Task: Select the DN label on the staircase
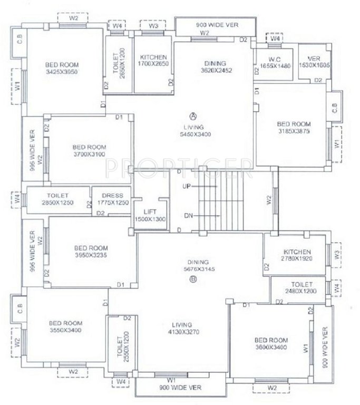point(188,216)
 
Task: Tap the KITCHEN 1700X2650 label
point(153,61)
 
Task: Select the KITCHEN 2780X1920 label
point(297,256)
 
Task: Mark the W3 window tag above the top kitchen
point(153,25)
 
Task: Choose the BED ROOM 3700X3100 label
point(89,150)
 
